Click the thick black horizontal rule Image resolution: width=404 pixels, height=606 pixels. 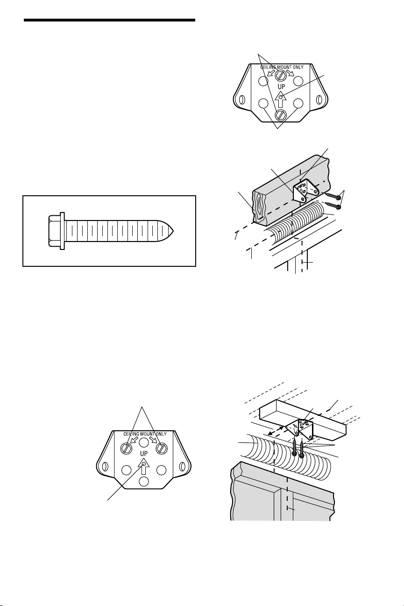click(109, 20)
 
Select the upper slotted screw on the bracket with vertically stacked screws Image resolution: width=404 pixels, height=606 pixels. click(280, 74)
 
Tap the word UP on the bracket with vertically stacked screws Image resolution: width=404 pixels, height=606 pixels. click(281, 87)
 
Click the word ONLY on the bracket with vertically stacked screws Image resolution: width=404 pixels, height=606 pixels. click(297, 67)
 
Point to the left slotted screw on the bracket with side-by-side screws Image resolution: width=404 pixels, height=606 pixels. click(126, 449)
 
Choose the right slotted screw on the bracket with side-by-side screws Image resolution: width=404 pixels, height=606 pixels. click(162, 449)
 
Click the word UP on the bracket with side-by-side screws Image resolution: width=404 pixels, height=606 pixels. click(144, 453)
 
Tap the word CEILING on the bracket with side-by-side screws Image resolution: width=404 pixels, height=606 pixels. click(131, 434)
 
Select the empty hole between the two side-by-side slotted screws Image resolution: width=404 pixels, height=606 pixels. click(143, 442)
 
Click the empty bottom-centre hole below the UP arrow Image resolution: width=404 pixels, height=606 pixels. click(144, 481)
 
